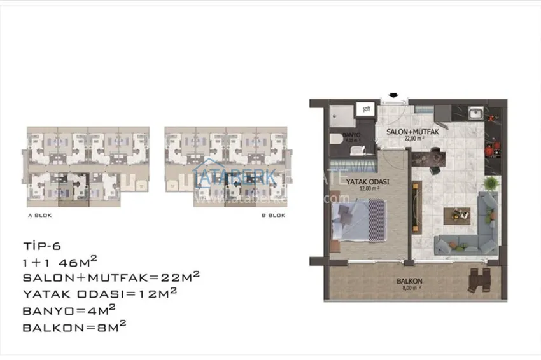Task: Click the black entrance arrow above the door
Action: coord(392,97)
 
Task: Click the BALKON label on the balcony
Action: coord(406,281)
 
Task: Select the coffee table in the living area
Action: coord(458,217)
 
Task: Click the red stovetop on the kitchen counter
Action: coord(491,149)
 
